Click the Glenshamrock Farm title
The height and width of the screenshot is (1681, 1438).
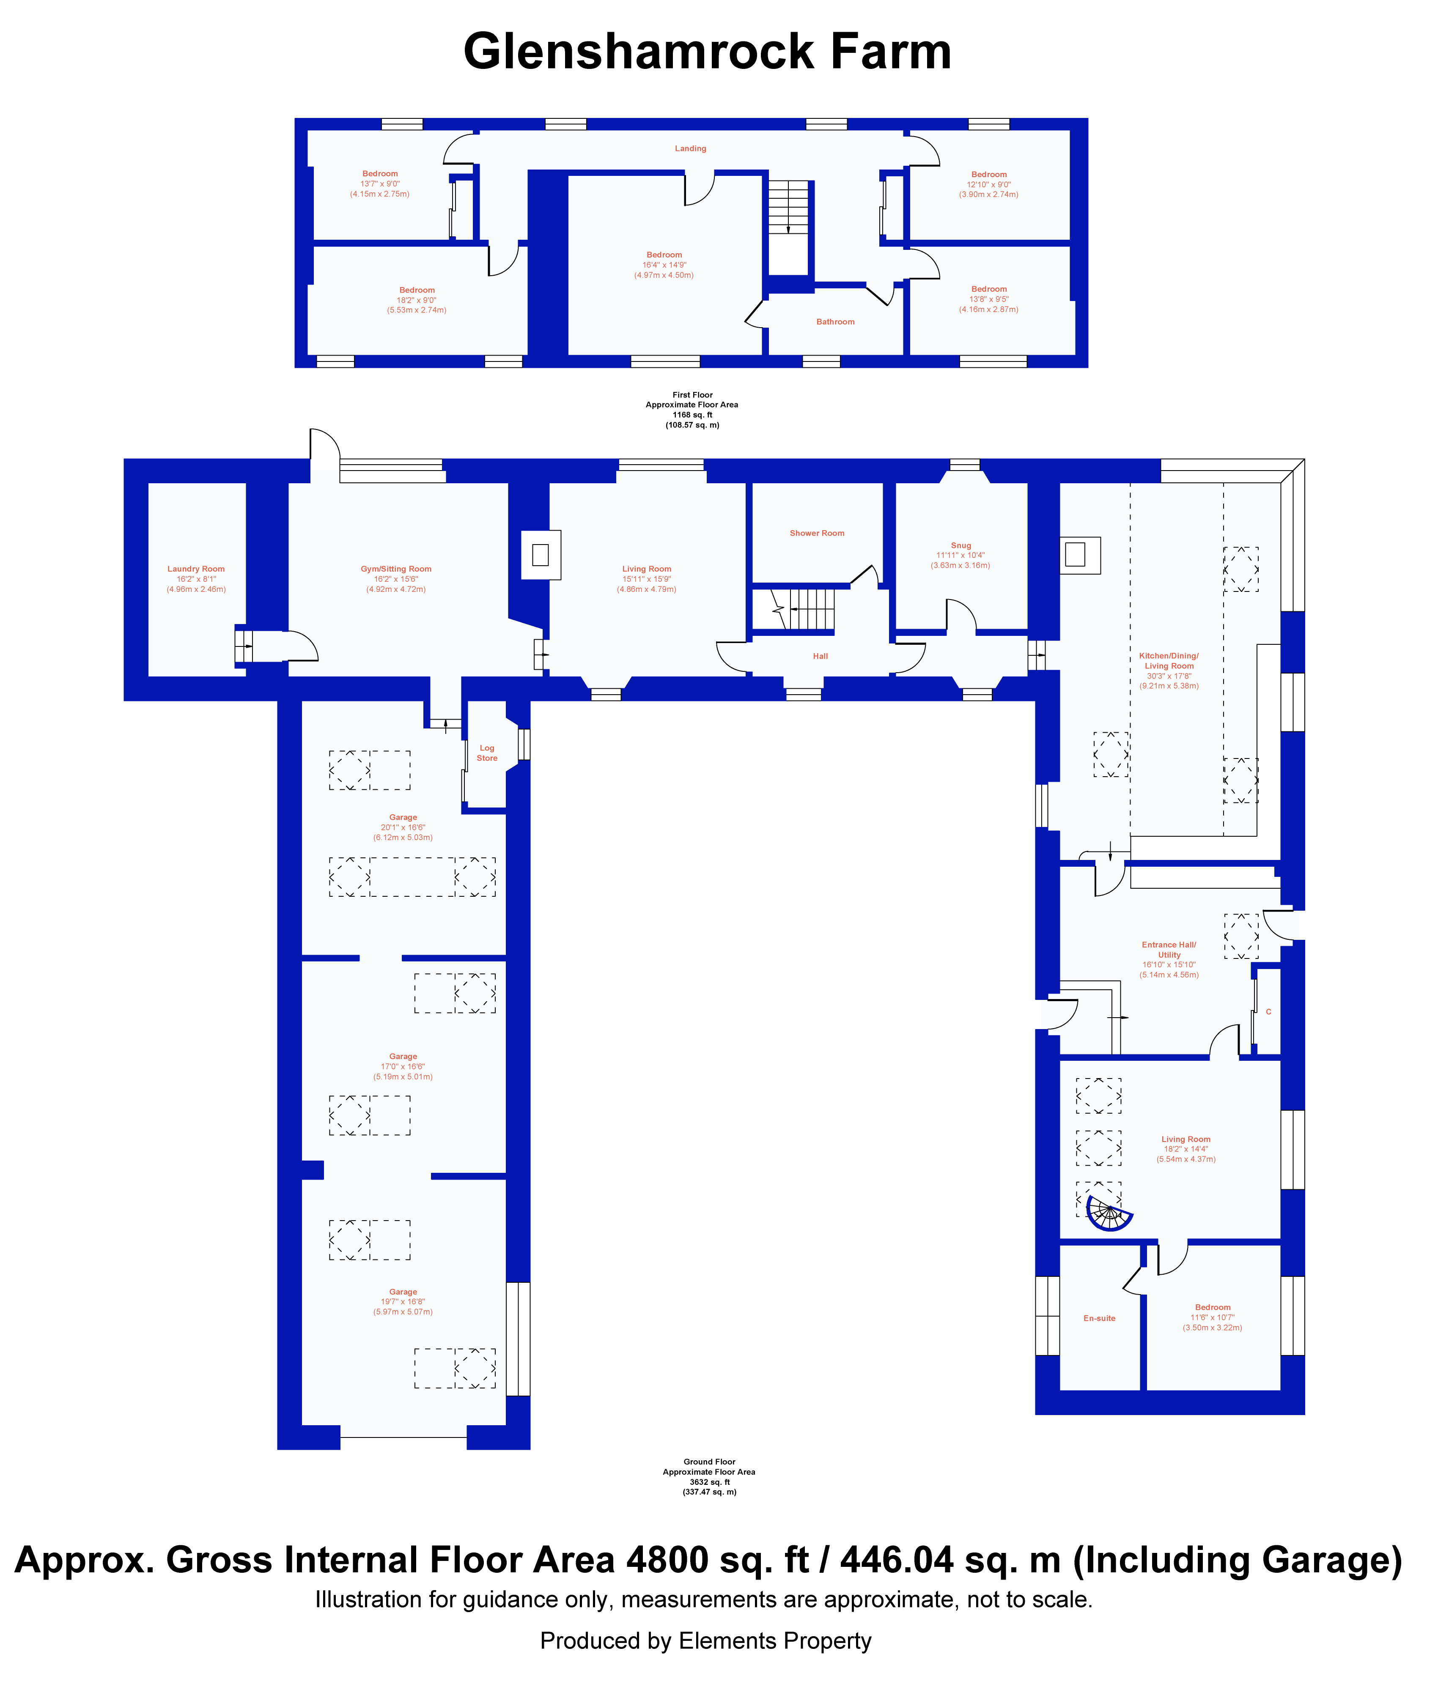click(x=707, y=53)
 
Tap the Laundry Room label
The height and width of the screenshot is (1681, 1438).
click(x=196, y=569)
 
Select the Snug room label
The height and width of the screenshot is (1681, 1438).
click(x=961, y=545)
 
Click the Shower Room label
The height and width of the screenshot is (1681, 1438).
click(x=817, y=533)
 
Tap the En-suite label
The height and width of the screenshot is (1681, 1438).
click(x=1100, y=1318)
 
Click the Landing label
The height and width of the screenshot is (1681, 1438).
click(x=691, y=148)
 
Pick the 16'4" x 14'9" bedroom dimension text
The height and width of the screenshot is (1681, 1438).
click(x=664, y=265)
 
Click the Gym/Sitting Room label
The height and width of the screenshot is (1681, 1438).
click(x=396, y=569)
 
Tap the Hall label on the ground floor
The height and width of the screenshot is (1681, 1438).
click(x=821, y=656)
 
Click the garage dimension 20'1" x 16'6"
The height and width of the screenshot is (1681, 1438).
click(x=403, y=827)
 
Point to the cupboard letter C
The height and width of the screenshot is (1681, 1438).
click(x=1268, y=1012)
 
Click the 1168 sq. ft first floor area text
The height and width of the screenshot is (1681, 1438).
click(x=692, y=415)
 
